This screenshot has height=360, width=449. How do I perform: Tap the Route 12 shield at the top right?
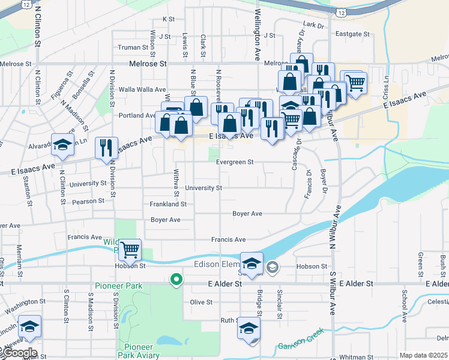click(342, 11)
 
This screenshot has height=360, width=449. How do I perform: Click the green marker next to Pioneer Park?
click(176, 279)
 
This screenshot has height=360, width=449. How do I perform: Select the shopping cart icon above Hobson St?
click(130, 248)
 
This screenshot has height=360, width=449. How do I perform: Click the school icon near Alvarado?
click(62, 145)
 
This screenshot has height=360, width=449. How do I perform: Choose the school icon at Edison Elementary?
click(251, 263)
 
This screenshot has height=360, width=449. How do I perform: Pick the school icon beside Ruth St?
click(249, 328)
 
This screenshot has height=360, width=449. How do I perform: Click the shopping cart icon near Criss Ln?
click(355, 82)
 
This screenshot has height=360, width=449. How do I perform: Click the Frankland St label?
click(168, 204)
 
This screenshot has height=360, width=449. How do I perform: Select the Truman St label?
click(133, 47)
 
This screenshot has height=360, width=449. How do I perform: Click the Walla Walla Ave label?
click(142, 89)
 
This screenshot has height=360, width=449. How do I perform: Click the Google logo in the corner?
click(20, 353)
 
